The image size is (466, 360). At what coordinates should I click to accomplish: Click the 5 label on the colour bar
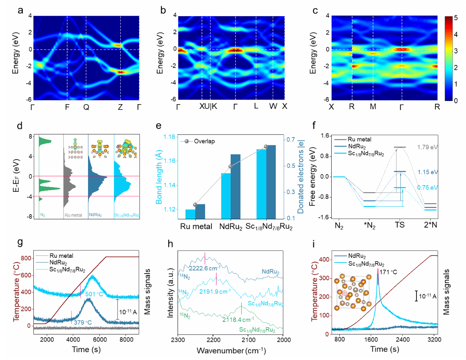click(455, 18)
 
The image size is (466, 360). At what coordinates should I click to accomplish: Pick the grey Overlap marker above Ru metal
click(195, 205)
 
